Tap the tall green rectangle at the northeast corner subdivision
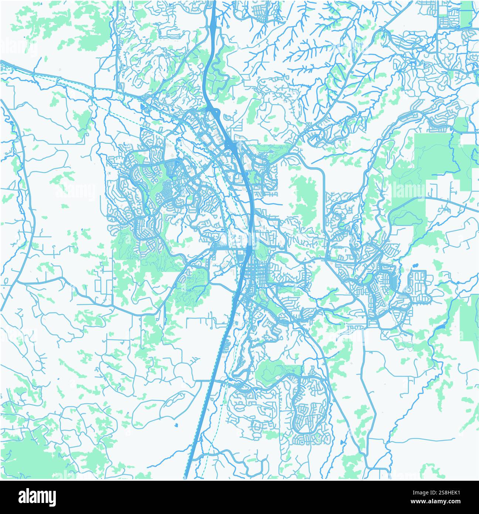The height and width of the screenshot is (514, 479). [x=466, y=15]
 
